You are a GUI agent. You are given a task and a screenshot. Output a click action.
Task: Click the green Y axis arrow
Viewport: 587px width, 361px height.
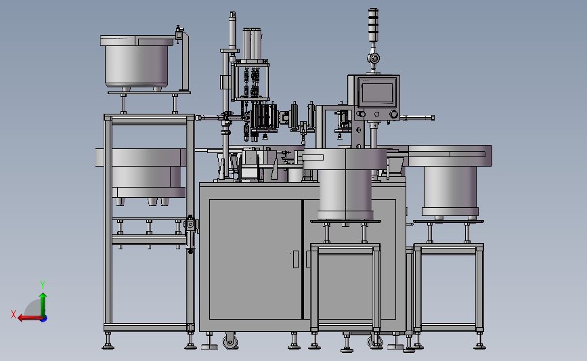(43, 304)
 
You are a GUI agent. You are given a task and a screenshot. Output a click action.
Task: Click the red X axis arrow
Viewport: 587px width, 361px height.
(30, 318)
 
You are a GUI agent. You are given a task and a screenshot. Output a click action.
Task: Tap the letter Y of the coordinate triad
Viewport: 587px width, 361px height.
(42, 285)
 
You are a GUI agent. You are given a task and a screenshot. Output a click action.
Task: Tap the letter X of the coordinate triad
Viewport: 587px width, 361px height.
(14, 314)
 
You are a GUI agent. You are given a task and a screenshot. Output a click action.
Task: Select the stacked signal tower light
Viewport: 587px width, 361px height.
(373, 25)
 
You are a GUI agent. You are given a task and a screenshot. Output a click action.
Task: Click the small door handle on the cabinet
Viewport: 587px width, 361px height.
(295, 259)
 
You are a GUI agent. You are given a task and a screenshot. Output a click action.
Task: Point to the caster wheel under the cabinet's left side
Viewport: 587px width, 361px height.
(230, 341)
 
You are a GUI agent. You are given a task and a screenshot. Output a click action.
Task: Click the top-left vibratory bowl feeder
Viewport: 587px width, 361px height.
(137, 62)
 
